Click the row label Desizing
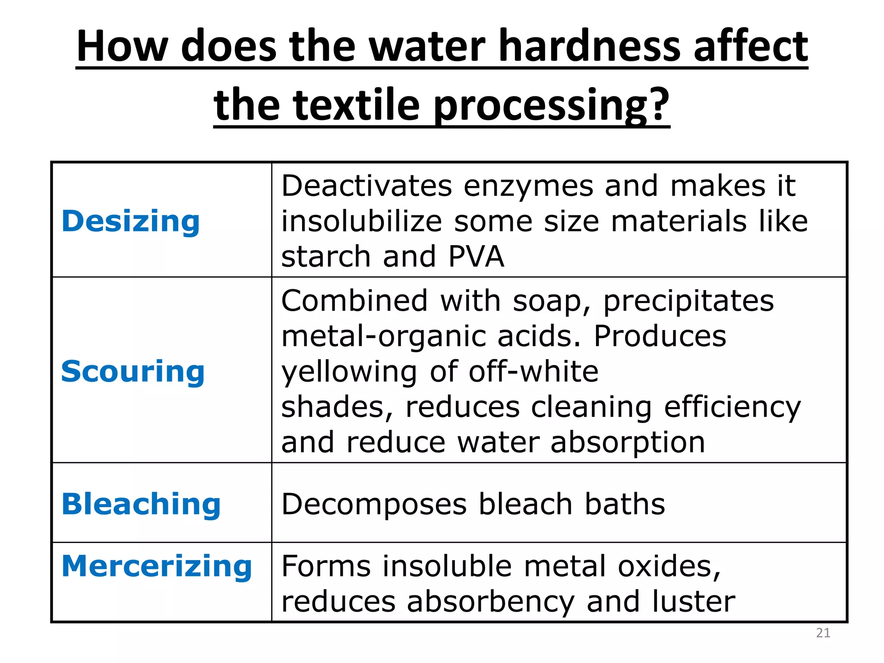130,221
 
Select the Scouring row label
133,371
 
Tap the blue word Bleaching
141,504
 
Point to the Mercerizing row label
157,566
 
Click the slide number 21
823,633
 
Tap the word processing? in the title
551,105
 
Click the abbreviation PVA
476,256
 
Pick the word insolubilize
362,221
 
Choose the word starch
326,256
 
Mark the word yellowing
349,372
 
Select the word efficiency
732,407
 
